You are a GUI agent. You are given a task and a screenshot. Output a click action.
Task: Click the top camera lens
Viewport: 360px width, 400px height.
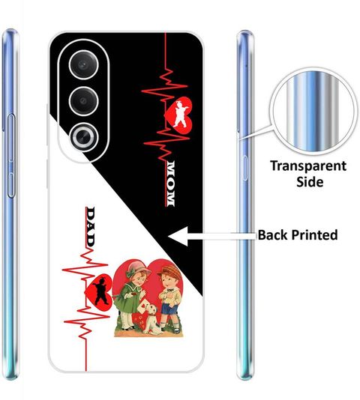point(83,65)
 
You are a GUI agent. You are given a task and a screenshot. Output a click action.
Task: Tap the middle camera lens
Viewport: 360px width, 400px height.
point(83,101)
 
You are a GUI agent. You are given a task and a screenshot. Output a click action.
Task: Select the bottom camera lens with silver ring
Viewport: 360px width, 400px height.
point(83,138)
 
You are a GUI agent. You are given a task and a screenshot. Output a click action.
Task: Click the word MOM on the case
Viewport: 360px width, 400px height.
point(169,184)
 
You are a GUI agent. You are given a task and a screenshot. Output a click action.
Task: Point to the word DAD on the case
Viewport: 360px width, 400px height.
point(91,226)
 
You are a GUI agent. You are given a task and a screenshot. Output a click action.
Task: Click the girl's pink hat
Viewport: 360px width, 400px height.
point(136,268)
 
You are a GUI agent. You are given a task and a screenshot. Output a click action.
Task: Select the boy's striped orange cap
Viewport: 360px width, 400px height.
point(170,272)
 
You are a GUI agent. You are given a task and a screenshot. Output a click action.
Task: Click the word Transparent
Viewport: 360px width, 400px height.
point(308,166)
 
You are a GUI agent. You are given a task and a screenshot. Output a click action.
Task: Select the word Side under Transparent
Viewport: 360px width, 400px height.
point(310,182)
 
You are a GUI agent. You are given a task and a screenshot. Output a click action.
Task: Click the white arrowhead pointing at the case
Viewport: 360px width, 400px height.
point(178,236)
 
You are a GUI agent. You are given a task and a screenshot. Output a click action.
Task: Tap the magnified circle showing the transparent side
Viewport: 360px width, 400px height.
point(313,112)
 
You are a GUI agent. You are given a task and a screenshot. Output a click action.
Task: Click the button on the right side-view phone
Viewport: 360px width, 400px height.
point(245,168)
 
